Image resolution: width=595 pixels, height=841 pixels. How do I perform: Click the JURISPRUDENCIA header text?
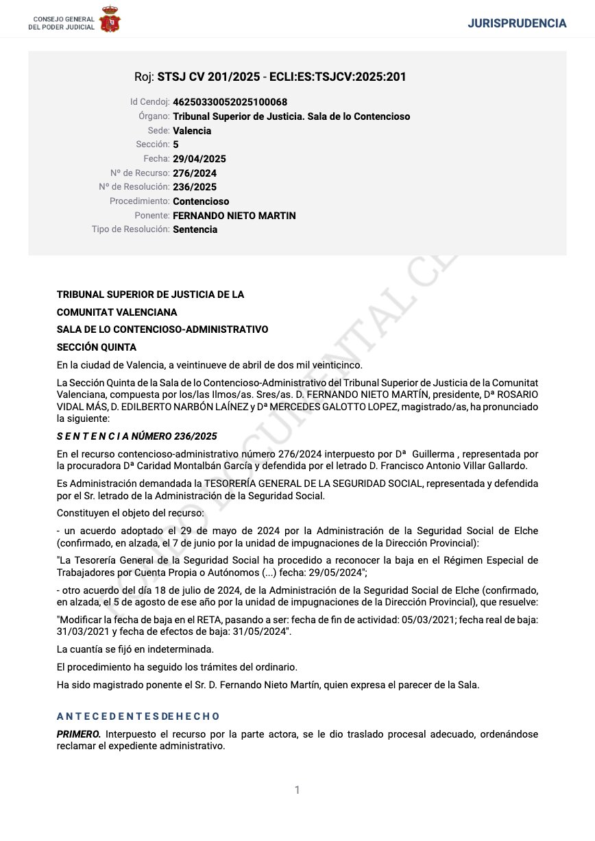coord(517,23)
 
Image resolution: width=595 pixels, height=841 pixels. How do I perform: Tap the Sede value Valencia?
coord(192,131)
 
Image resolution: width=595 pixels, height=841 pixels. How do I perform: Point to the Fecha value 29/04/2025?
coord(195,159)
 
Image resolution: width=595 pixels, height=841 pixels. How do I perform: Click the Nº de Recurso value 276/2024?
coord(195,173)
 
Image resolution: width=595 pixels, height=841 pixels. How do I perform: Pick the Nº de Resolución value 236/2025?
coord(195,187)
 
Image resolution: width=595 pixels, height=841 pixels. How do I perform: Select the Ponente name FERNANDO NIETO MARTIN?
coord(234,216)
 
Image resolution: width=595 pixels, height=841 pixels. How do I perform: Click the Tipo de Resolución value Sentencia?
coord(195,229)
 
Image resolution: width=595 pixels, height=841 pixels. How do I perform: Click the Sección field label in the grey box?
coord(153,145)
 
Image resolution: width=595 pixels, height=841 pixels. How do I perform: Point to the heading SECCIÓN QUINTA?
coord(97,347)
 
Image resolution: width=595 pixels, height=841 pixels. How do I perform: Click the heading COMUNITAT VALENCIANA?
coord(117,312)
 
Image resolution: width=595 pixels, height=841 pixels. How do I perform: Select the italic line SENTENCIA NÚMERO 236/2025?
coord(137,436)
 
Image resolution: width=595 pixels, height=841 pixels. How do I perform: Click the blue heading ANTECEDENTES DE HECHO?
coord(138,716)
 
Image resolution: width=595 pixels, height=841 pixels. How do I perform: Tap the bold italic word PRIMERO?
coord(79,734)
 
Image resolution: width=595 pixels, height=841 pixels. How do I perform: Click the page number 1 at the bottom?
coord(297,790)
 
